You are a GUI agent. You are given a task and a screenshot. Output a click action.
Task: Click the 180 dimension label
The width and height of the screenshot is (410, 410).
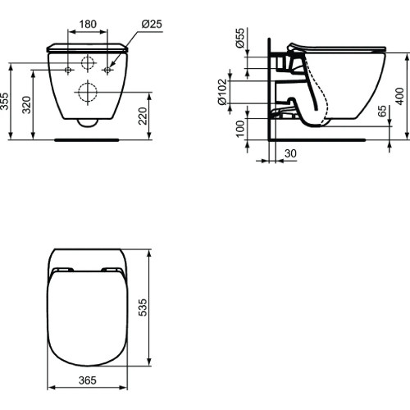87,25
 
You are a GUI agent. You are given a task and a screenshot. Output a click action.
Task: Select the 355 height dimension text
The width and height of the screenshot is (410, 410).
7,101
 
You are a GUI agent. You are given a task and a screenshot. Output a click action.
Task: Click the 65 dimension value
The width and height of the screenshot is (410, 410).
382,112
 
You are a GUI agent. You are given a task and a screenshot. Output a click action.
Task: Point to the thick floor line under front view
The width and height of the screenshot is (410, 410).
87,139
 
